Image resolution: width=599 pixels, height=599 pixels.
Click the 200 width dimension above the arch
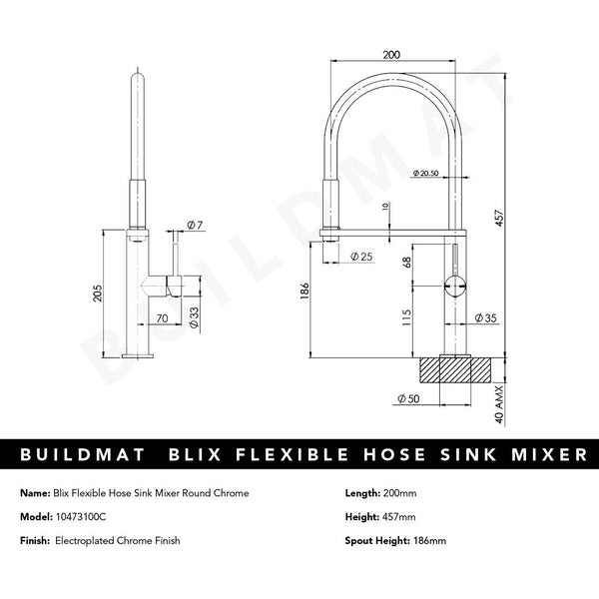click(391, 57)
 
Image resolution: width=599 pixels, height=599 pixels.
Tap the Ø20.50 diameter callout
click(426, 175)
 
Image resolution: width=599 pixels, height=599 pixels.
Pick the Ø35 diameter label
click(486, 318)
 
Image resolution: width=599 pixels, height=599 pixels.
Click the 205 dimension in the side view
click(97, 291)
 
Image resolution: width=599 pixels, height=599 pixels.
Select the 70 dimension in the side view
click(160, 318)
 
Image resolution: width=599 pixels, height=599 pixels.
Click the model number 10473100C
click(94, 517)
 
